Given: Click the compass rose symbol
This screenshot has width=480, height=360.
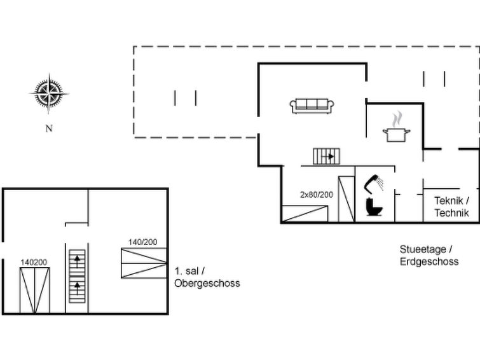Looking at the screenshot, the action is point(49,93).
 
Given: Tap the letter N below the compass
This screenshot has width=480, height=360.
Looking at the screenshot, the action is point(49,128).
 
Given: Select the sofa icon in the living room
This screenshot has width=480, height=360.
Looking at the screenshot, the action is point(312,106).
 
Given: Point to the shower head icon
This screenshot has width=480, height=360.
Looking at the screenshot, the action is point(374,184).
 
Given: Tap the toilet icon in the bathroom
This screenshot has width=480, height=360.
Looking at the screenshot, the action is point(374,207).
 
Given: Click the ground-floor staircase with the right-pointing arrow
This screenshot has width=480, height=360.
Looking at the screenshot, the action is point(326,156).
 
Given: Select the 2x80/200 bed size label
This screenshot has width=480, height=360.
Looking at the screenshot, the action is point(316,195).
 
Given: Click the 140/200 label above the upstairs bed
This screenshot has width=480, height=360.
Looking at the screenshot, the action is point(142,242).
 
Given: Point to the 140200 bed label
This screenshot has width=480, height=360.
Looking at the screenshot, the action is point(34,263).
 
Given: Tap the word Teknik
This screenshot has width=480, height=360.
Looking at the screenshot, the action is point(448,201).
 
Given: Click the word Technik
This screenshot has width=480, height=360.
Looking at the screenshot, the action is point(451,212).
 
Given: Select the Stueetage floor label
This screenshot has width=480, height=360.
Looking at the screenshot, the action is point(423,249).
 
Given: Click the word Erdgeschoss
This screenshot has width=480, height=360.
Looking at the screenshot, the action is point(429,261).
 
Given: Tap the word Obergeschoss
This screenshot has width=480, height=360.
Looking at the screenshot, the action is point(207,283).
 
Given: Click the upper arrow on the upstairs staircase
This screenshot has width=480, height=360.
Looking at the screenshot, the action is point(77,261).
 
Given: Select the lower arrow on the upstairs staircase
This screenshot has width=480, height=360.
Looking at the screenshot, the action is point(77,288).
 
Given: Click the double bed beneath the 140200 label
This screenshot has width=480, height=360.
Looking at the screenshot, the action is point(34,291).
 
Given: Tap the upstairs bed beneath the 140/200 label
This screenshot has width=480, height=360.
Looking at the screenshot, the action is point(144,263).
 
